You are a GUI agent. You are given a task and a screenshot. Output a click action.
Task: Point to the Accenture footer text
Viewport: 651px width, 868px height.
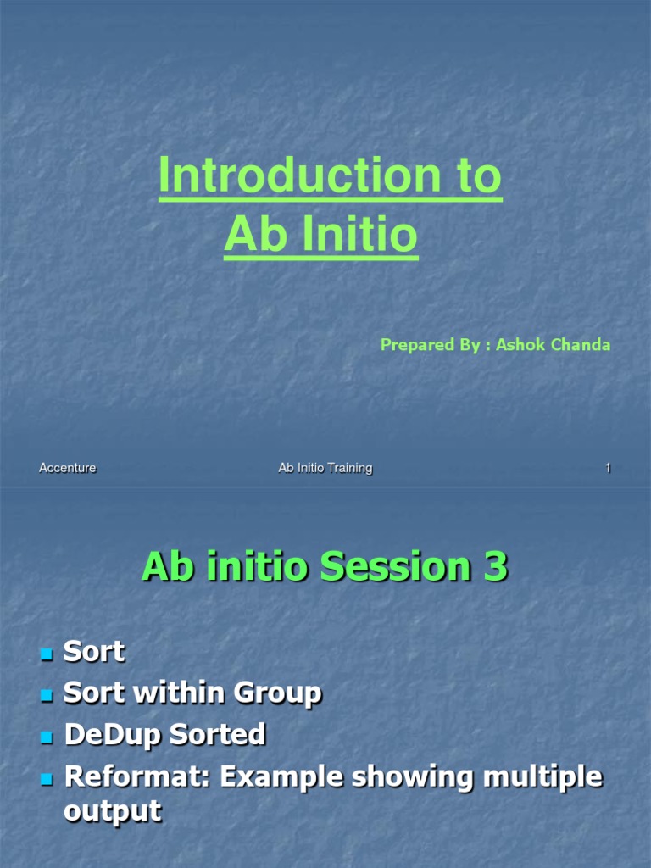[68, 468]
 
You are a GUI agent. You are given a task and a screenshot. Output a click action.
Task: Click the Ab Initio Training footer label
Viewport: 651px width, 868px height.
[325, 468]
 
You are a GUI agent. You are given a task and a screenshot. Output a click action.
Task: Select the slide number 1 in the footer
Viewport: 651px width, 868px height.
[608, 468]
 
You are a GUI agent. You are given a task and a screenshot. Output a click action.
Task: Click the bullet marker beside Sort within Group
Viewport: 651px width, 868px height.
[47, 695]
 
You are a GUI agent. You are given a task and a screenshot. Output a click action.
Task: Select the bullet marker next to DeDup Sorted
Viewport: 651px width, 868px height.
[47, 736]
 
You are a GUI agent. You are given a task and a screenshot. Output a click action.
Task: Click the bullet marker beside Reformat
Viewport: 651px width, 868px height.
[47, 778]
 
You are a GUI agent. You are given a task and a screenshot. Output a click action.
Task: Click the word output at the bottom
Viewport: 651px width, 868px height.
[112, 810]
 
